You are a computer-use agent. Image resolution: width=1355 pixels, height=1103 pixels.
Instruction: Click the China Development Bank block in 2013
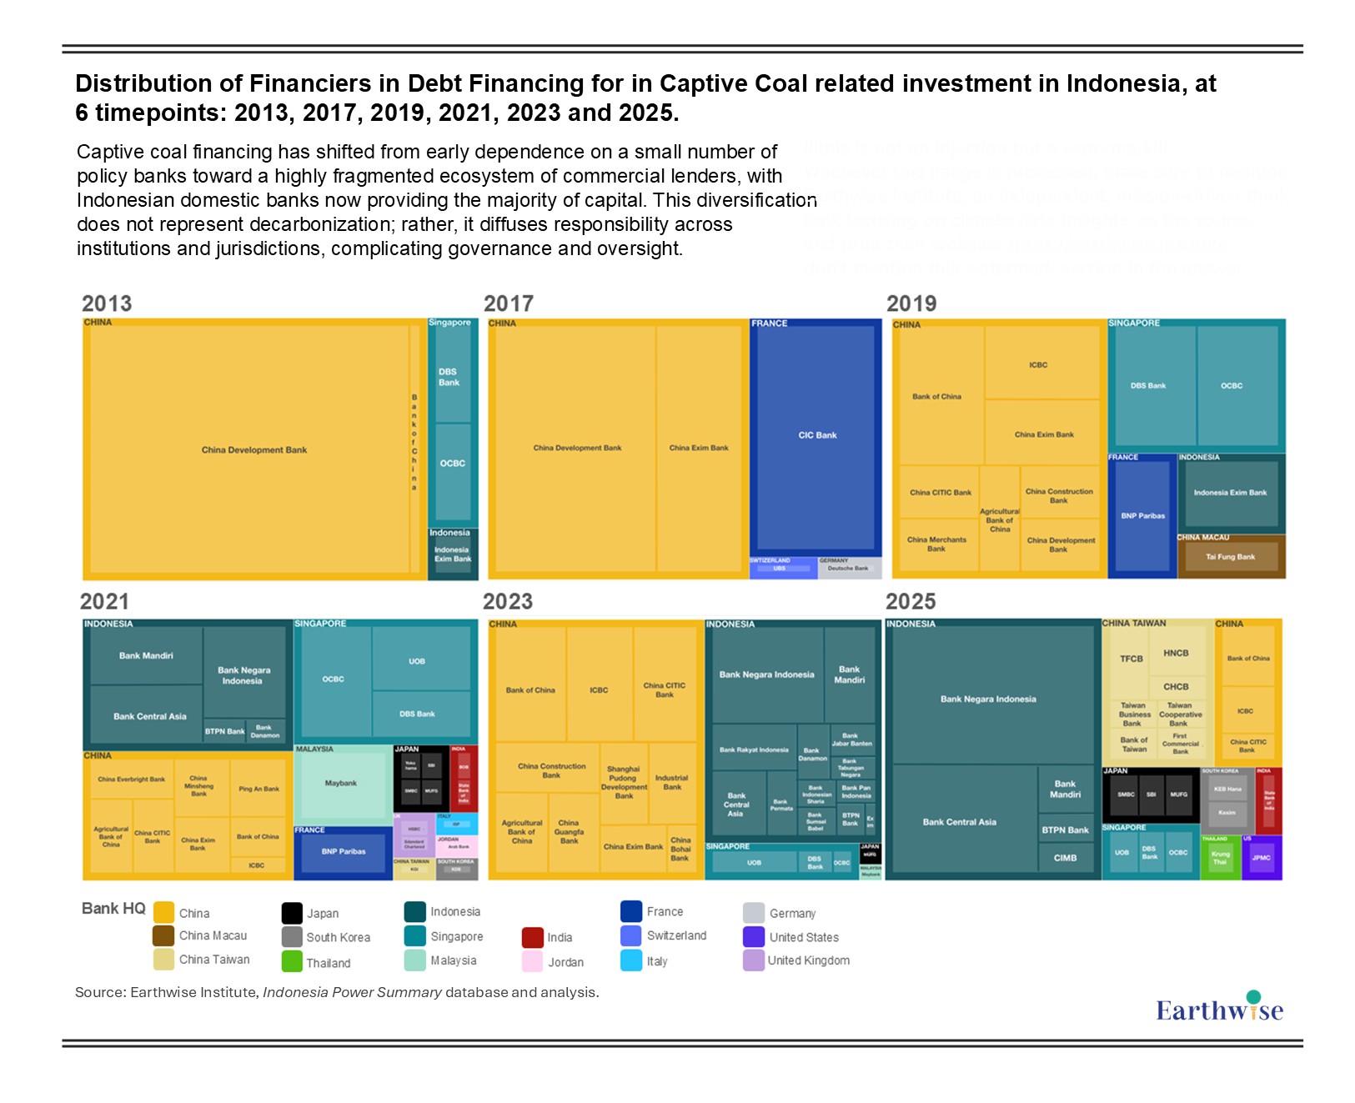tap(253, 449)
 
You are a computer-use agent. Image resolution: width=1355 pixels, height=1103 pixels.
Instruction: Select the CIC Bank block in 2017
tap(816, 435)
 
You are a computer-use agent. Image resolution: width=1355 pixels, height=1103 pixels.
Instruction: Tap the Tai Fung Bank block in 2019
tap(1230, 557)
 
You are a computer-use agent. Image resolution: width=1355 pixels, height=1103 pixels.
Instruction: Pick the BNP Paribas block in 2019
tap(1142, 516)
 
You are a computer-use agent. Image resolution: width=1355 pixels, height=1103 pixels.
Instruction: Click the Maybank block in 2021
tap(341, 783)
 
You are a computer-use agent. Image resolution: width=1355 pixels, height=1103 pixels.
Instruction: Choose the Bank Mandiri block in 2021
tap(146, 655)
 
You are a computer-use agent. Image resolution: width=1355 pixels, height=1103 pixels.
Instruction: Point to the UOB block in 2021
tap(417, 660)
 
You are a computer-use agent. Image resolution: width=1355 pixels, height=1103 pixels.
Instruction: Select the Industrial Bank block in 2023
tap(672, 782)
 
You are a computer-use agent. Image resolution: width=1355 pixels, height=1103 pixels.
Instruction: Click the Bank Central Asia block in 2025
tap(959, 821)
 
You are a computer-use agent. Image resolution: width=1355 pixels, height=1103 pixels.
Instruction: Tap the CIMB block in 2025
tap(1065, 858)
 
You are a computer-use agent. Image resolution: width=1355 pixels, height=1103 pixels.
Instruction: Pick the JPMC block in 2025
tap(1261, 858)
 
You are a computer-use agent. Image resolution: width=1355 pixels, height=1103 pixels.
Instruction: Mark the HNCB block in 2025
tap(1176, 653)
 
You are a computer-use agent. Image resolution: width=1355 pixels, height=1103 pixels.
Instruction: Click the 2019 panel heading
tap(911, 303)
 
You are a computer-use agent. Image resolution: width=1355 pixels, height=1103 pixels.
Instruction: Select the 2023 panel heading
tap(507, 601)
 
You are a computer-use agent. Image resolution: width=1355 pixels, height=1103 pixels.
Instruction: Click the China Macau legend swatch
tap(163, 936)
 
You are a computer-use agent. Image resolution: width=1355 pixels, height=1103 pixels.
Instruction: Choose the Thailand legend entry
tap(328, 963)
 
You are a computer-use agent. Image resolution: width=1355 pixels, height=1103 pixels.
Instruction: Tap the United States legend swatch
tap(754, 937)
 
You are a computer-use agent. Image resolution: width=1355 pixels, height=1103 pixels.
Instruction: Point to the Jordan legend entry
tap(565, 962)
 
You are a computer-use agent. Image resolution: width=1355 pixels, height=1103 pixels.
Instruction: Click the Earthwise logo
tap(1219, 1009)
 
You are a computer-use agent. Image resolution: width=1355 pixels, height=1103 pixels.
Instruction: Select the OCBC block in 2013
tap(453, 464)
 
